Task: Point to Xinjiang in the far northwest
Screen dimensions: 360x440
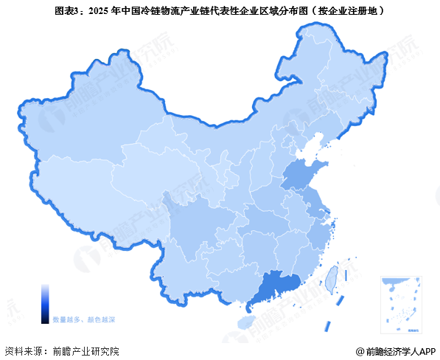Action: (81, 125)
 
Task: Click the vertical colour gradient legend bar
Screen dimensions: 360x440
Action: (45, 303)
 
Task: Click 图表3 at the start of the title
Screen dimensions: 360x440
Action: (67, 12)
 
